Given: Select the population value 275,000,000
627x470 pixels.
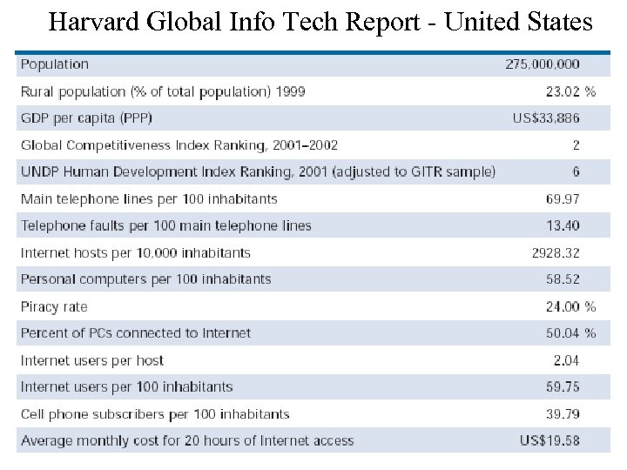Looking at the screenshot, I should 542,64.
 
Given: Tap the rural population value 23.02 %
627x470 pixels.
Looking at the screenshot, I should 570,91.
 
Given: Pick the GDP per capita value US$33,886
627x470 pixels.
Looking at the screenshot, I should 546,118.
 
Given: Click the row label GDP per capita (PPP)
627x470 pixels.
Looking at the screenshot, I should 91,118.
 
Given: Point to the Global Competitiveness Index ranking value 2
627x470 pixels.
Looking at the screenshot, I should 576,145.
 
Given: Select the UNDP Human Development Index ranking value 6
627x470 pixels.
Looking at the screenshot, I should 576,172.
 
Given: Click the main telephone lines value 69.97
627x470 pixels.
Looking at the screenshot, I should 563,199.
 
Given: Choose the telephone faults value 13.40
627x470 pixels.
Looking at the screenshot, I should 563,226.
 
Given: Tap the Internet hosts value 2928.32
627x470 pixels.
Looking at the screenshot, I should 556,253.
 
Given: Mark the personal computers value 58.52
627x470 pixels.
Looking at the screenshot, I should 563,279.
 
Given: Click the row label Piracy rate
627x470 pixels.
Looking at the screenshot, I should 54,306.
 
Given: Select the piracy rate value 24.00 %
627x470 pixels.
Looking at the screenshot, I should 570,306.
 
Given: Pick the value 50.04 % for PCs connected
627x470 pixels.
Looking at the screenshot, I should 570,333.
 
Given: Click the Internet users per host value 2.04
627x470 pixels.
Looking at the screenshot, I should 566,360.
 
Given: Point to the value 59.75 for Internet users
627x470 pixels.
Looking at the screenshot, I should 563,387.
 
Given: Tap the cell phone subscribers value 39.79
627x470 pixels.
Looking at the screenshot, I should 563,414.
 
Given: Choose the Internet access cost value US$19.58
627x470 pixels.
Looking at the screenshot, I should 549,440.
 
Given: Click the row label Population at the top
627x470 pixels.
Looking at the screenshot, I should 55,64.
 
